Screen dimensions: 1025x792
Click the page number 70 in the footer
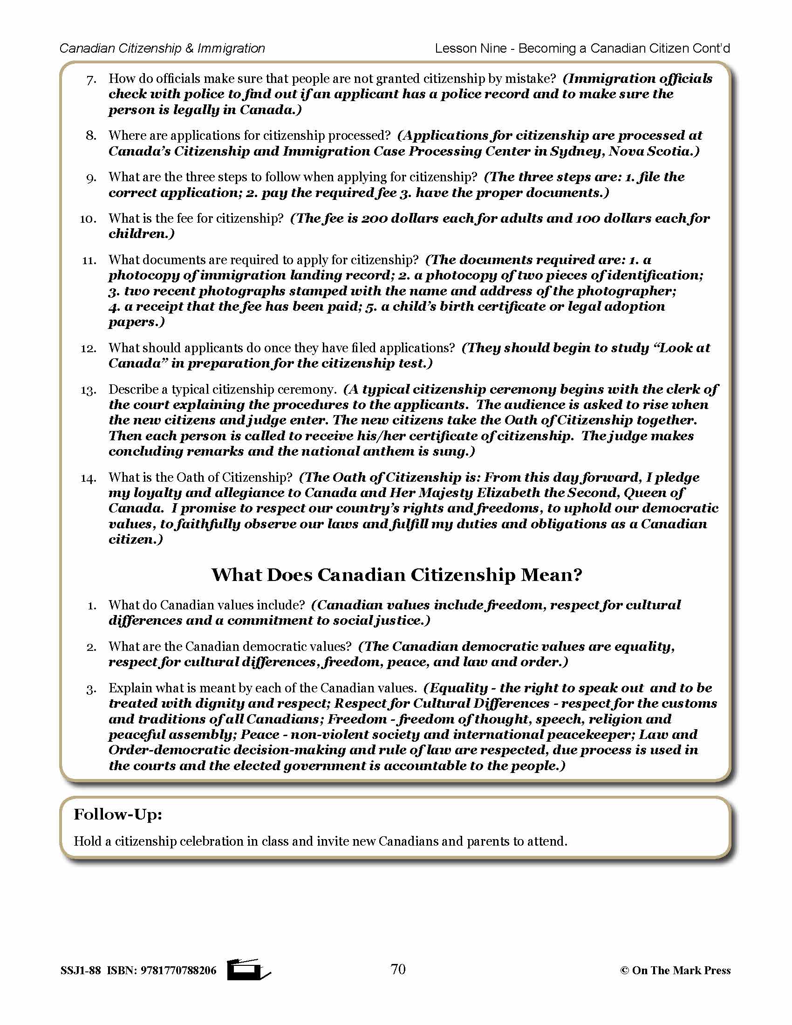[x=398, y=970]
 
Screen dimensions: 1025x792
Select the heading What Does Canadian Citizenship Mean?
[x=396, y=575]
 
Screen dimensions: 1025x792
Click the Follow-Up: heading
[x=118, y=814]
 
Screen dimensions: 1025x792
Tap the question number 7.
[x=91, y=79]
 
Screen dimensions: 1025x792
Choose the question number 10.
[x=88, y=219]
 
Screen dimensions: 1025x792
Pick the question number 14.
[x=88, y=478]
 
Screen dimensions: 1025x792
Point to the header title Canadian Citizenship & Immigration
[x=162, y=48]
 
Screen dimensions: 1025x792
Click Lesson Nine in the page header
[x=471, y=48]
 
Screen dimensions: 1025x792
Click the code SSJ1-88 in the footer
[x=80, y=970]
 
